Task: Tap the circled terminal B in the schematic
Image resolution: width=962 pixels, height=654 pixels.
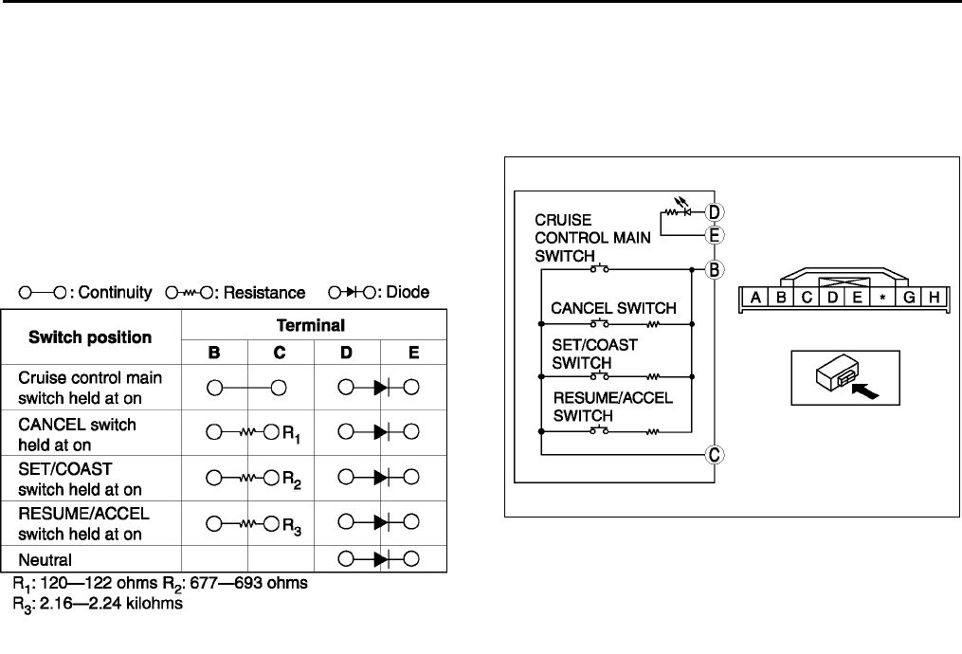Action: (717, 269)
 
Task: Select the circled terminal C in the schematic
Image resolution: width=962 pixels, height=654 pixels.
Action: (717, 454)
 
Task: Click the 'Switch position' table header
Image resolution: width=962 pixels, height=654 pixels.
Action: (90, 336)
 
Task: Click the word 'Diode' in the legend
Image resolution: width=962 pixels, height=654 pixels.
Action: (407, 293)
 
